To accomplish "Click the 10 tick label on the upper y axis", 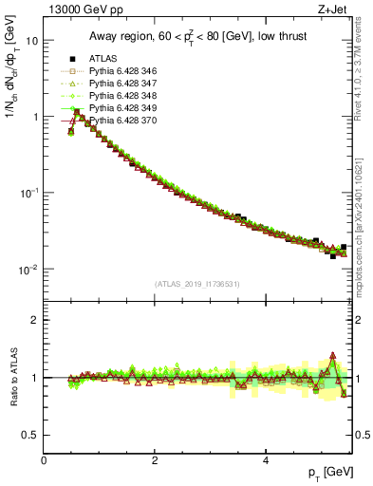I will pos(31,41).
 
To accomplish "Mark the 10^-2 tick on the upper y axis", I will pos(28,270).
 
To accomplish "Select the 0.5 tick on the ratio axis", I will pos(30,435).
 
